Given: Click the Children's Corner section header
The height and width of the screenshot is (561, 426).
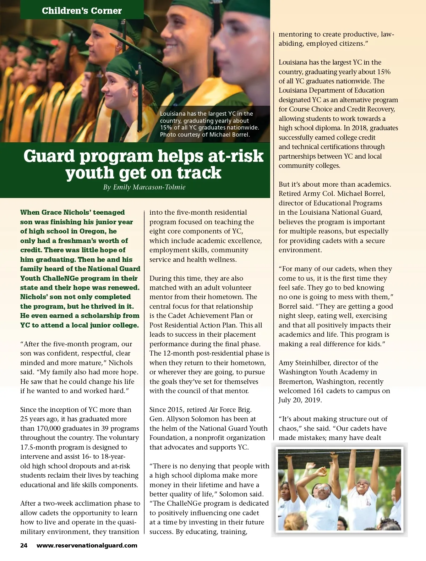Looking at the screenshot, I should coord(82,11).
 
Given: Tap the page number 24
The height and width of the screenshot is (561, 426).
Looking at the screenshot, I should coord(24,545).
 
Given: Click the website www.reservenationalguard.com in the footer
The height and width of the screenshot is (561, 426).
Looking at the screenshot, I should coord(87,545).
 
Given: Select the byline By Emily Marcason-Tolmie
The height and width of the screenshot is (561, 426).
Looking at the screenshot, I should coord(144,187).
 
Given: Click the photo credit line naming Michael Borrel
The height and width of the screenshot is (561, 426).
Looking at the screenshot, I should coord(205,134).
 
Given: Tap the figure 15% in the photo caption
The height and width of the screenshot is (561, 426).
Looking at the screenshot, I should coord(166,127).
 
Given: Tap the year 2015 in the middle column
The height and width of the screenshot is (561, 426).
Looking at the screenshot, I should coord(175,409).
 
